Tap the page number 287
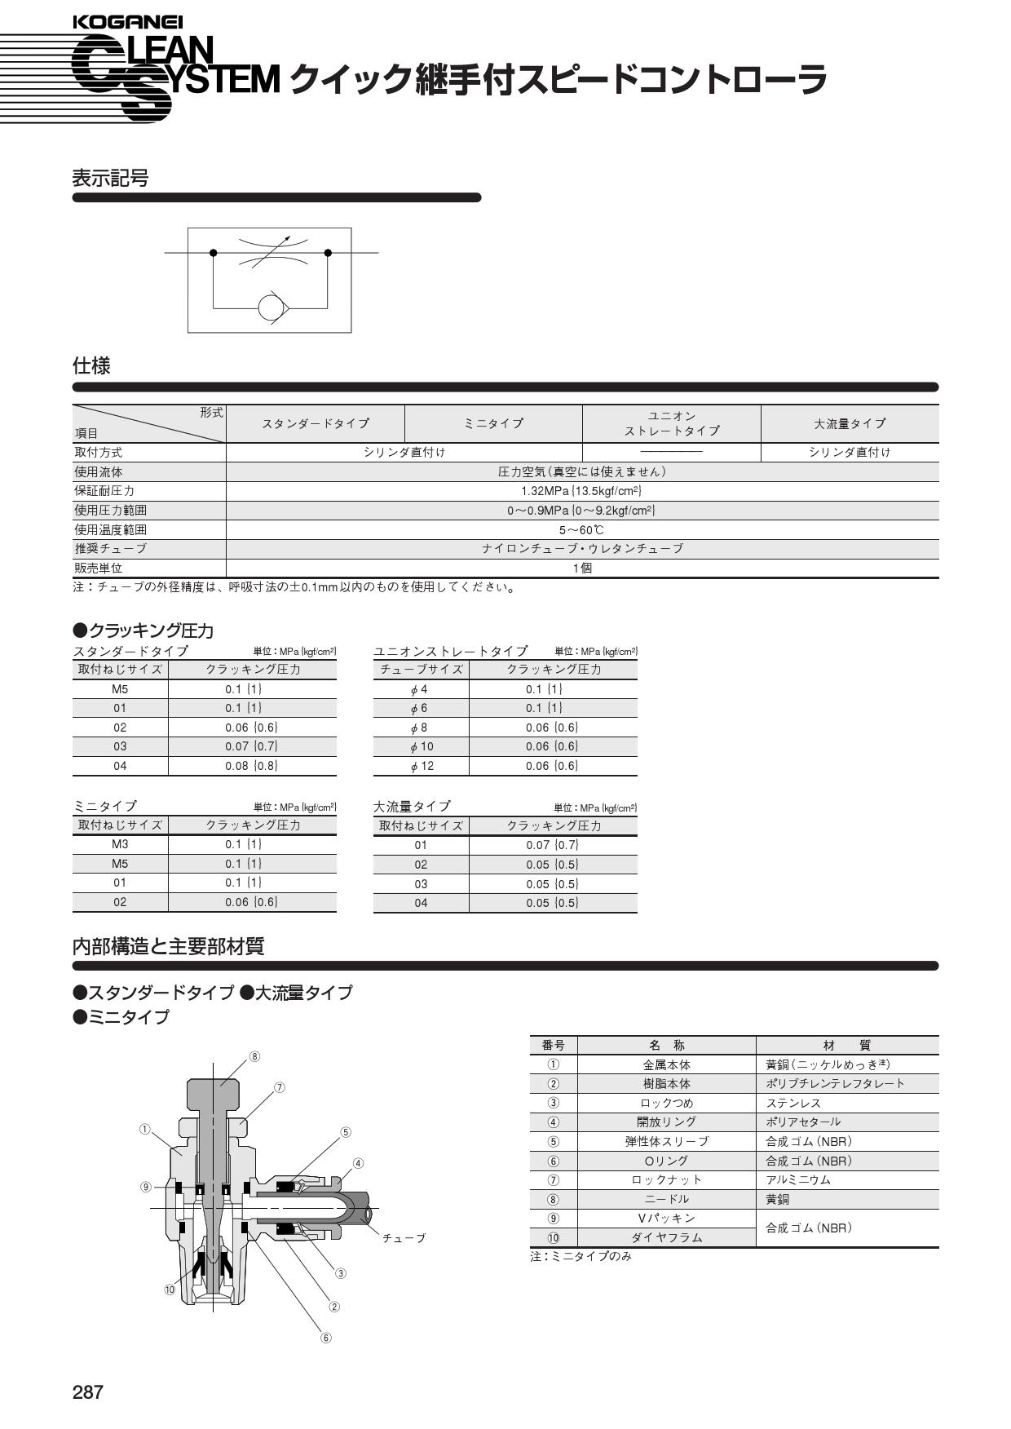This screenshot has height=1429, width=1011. click(88, 1391)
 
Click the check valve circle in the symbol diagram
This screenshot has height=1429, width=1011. click(271, 307)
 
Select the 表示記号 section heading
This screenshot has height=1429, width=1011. click(110, 178)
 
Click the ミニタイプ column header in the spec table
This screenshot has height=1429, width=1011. click(493, 423)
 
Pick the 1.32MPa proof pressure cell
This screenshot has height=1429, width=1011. click(581, 491)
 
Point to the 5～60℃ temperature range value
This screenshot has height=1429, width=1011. click(581, 529)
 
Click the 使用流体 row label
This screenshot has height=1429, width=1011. click(99, 471)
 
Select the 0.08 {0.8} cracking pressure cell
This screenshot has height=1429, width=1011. click(252, 765)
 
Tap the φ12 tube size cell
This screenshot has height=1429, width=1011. click(422, 766)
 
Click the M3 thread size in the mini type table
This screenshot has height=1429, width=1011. click(120, 844)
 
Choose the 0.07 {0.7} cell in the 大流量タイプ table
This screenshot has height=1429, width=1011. click(553, 845)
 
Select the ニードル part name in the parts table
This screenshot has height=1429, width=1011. click(667, 1199)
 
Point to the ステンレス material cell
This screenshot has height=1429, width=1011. click(793, 1103)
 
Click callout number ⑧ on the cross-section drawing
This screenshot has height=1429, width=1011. click(254, 1056)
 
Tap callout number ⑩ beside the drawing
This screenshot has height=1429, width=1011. click(170, 1290)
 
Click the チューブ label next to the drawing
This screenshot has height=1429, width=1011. click(404, 1238)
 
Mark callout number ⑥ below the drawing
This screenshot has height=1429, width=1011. click(326, 1338)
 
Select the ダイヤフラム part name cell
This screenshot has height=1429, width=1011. click(667, 1237)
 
